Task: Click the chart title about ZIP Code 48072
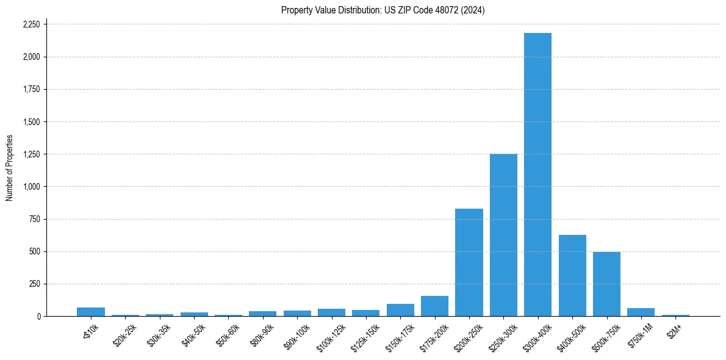pos(383,10)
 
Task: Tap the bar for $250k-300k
pos(503,235)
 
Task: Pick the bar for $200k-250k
pos(469,262)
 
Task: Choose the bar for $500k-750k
pos(606,284)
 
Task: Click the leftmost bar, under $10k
pos(91,312)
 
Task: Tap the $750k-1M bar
pos(641,312)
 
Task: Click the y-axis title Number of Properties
pos(10,168)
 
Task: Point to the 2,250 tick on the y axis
pos(31,24)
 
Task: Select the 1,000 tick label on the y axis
pos(31,187)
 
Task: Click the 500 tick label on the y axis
pos(35,251)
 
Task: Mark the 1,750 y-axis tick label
pos(31,90)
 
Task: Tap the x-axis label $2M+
pos(674,329)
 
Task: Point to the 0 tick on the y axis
pos(38,317)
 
